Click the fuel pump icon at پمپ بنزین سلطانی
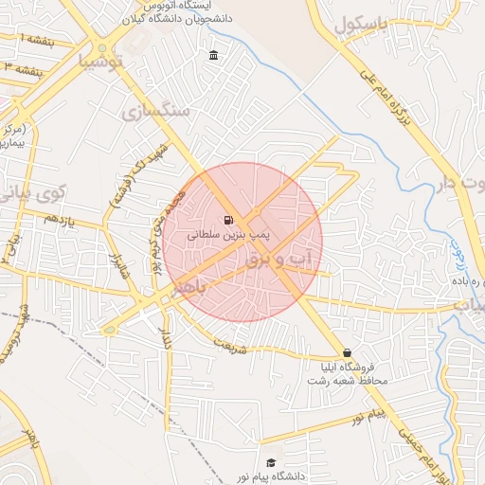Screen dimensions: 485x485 click(229, 221)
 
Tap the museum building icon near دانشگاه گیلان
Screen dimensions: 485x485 click(213, 55)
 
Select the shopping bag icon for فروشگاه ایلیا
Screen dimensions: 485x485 click(347, 351)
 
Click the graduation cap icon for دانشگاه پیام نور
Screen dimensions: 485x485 click(271, 462)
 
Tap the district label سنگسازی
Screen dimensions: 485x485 click(155, 112)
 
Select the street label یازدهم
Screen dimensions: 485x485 click(58, 219)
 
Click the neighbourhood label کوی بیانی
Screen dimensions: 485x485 click(24, 186)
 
